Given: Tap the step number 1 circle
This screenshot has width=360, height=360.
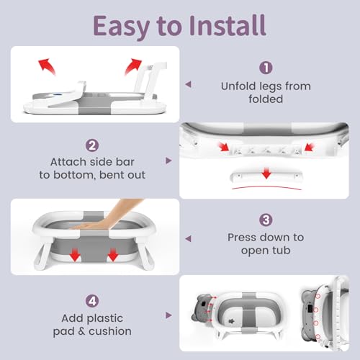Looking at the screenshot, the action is click(x=266, y=68).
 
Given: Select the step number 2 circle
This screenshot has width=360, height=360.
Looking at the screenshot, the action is click(x=92, y=145).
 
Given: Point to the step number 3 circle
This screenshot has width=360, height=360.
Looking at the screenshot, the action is click(x=266, y=220).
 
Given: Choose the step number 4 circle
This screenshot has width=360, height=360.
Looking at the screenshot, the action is click(x=92, y=301).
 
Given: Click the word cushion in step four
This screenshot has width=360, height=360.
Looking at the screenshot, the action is click(x=110, y=331).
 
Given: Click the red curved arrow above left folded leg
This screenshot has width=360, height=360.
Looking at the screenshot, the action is click(x=47, y=66).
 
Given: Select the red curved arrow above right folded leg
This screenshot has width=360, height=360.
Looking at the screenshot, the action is click(x=132, y=66).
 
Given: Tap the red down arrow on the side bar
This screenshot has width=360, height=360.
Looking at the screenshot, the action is click(x=266, y=173).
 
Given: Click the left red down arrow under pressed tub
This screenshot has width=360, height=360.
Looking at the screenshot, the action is click(x=75, y=255).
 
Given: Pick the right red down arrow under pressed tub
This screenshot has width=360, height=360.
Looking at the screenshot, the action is click(x=112, y=255).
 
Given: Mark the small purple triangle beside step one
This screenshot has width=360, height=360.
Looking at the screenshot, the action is click(x=188, y=84).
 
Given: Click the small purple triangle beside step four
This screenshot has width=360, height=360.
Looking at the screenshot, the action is click(x=168, y=315).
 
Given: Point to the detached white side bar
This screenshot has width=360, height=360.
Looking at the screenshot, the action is click(x=266, y=176).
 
